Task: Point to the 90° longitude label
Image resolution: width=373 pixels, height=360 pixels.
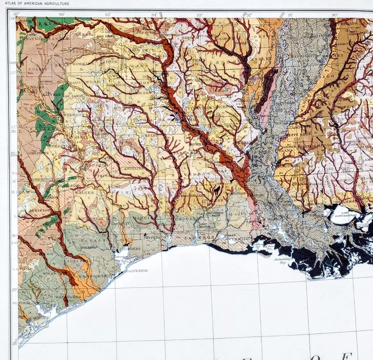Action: tap(335, 15)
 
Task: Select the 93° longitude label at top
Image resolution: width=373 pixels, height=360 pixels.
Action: tap(199, 15)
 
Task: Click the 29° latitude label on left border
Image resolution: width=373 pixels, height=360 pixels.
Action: tap(14, 290)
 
